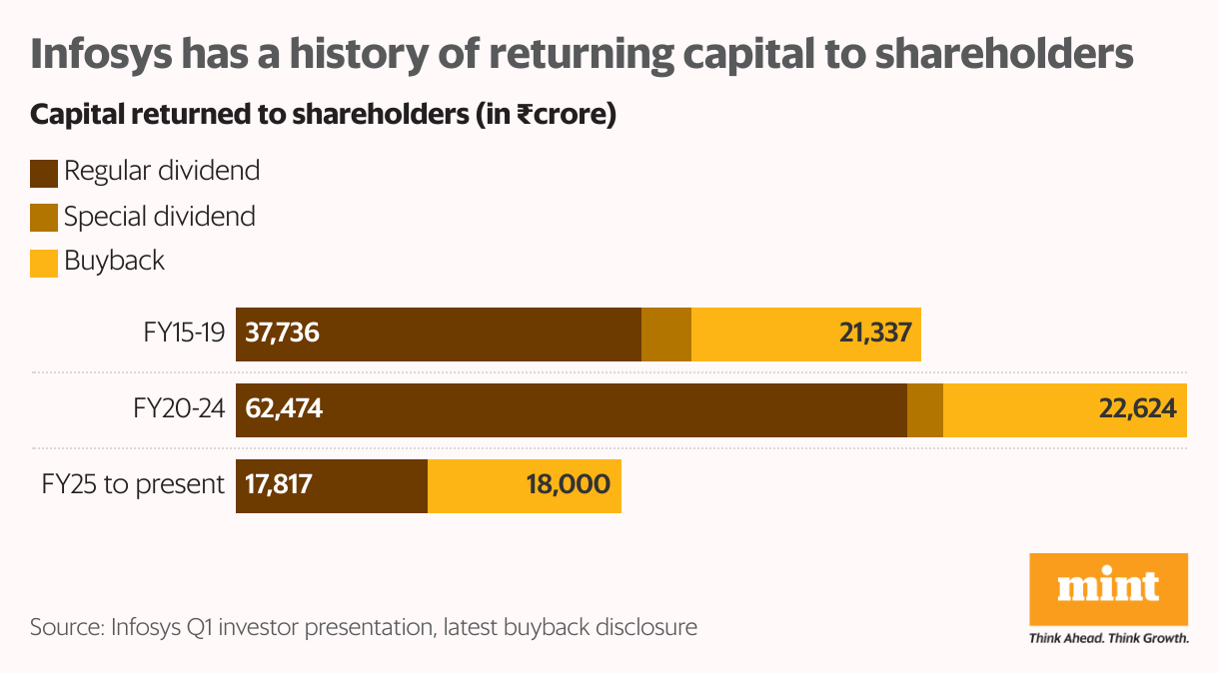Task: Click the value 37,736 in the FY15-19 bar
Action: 283,334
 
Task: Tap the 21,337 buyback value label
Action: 875,334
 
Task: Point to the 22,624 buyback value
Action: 1134,409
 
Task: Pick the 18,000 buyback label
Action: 567,485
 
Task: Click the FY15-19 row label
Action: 184,334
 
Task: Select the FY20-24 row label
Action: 179,409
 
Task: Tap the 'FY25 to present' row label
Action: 133,485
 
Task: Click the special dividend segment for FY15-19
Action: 665,334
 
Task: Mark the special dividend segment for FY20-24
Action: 924,409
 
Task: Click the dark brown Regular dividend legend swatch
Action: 44,173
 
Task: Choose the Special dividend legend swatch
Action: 44,218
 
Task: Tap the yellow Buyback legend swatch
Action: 44,264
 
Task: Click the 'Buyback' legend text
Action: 114,262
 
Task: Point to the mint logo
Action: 1108,588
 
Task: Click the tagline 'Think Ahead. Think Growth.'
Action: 1108,637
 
